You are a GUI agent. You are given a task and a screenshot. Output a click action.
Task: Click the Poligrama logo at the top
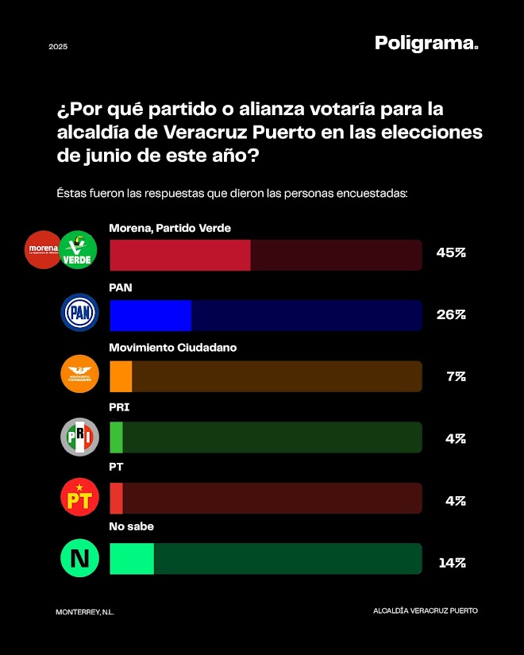point(426,44)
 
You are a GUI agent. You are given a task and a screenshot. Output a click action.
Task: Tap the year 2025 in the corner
point(58,47)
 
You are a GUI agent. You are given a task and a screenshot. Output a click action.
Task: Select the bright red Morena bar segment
point(179,255)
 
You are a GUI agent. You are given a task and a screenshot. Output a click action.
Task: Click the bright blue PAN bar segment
point(150,315)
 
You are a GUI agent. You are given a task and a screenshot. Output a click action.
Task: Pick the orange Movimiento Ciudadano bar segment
point(121,376)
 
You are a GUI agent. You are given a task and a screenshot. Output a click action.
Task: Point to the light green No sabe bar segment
point(132,558)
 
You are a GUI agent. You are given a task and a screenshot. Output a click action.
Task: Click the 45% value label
point(450,253)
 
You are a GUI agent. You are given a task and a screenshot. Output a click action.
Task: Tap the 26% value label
point(450,314)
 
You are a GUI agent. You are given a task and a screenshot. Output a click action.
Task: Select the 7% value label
point(455,376)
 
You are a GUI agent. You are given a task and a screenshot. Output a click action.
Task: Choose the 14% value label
point(451,563)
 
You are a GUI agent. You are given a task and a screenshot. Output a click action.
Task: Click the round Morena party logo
point(44,249)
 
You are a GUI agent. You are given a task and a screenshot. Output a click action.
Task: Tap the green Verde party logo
point(78,249)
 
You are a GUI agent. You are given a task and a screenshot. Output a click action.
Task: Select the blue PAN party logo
point(80,312)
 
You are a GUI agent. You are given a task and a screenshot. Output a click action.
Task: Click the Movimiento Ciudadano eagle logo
point(80,374)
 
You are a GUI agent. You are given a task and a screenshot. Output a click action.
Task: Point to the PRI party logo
point(80,437)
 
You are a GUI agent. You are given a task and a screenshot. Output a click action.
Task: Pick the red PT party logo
point(80,498)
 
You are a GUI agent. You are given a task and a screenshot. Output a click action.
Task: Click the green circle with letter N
point(80,558)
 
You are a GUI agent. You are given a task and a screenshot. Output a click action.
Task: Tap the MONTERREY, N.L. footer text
point(85,611)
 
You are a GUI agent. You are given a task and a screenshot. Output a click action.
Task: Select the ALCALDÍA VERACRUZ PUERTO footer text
point(425,611)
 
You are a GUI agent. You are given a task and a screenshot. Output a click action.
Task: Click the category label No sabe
point(131,526)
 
